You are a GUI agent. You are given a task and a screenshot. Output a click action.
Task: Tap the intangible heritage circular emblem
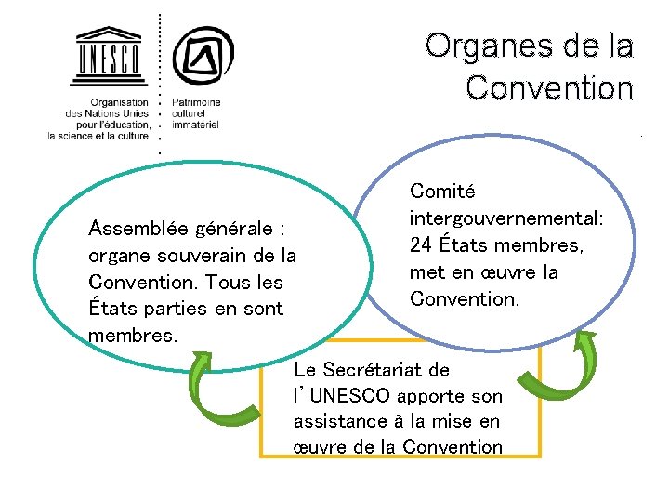[x=203, y=55]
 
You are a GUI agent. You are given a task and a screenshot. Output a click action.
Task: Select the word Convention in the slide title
[x=549, y=87]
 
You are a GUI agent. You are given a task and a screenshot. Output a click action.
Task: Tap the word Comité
[x=442, y=192]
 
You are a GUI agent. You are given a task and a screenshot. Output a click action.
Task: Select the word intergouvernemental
[x=505, y=218]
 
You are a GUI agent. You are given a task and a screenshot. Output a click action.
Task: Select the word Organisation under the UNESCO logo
[x=119, y=102]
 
